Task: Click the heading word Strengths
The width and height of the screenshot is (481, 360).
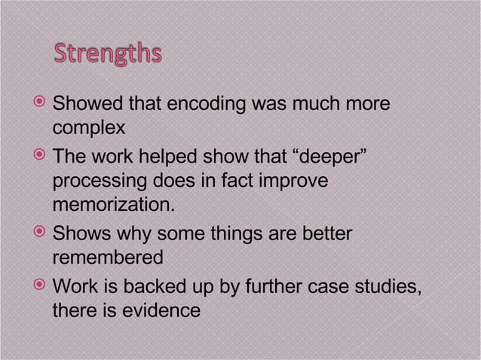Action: point(107,56)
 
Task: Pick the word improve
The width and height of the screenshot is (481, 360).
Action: point(296,182)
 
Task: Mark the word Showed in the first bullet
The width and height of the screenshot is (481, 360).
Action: point(85,105)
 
